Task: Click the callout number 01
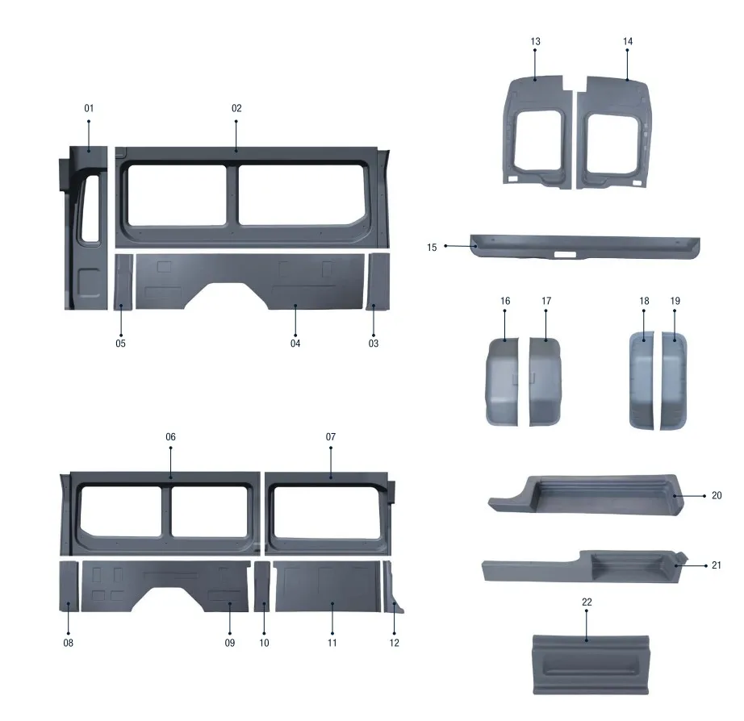click(x=89, y=108)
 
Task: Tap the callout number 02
click(x=236, y=108)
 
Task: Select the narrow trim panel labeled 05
click(x=123, y=281)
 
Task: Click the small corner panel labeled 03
click(x=377, y=281)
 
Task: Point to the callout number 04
click(x=295, y=344)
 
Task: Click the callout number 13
click(x=536, y=41)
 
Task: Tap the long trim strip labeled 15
click(x=585, y=246)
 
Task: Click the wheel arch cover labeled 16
click(x=504, y=379)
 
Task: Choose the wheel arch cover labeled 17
click(x=545, y=379)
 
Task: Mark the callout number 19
click(x=675, y=301)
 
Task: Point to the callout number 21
click(x=717, y=565)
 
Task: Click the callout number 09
click(x=230, y=643)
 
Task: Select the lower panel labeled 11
click(x=326, y=589)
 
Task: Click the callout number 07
click(x=331, y=436)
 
